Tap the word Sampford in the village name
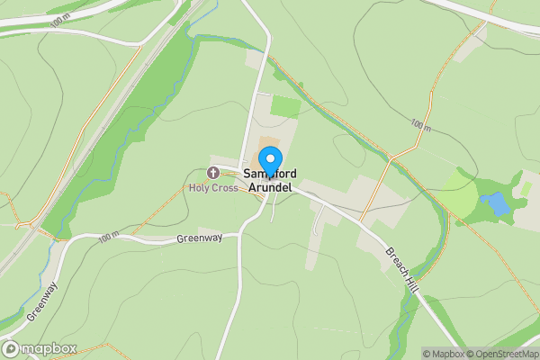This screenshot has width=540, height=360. tap(270, 173)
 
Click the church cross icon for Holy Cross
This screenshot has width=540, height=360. tap(213, 173)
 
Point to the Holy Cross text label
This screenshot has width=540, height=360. tap(213, 188)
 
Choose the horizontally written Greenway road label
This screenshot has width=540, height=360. tap(199, 239)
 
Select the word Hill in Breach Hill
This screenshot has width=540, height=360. tap(413, 283)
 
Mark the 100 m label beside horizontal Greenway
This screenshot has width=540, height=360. tap(109, 238)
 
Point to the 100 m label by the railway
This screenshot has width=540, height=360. tap(60, 21)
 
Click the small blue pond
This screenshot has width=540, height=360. tap(496, 204)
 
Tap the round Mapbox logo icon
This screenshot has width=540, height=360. tap(11, 349)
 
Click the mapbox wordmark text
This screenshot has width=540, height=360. tap(49, 349)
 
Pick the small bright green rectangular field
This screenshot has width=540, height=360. tap(286, 106)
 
